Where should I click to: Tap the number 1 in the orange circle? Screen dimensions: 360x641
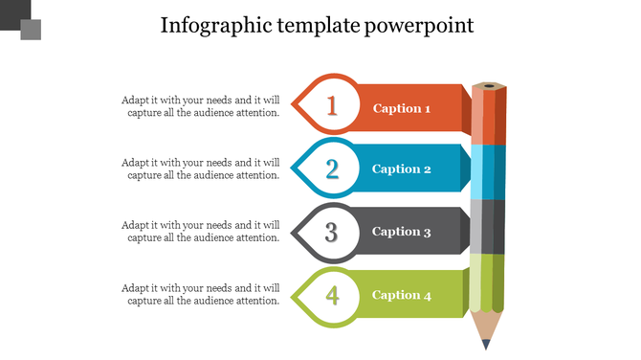[332, 105]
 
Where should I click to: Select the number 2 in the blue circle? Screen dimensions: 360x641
[332, 169]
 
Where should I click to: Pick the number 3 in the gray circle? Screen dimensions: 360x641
[332, 232]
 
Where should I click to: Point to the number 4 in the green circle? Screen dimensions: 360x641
[332, 295]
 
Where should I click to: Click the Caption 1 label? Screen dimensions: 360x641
[402, 108]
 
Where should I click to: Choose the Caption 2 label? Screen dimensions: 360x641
[402, 169]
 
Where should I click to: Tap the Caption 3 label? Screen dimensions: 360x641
[402, 232]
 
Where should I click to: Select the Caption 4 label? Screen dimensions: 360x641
[402, 295]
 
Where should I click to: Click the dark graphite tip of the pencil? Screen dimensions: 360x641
[487, 342]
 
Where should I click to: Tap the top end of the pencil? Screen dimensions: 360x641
[489, 86]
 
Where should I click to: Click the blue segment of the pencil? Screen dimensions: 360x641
[488, 171]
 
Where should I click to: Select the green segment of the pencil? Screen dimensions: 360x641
[488, 282]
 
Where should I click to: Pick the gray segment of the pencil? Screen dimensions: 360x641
[488, 226]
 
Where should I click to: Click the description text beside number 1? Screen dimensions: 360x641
[201, 106]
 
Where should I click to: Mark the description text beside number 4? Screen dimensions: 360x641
[201, 294]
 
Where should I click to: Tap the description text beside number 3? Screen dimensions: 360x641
[201, 231]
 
